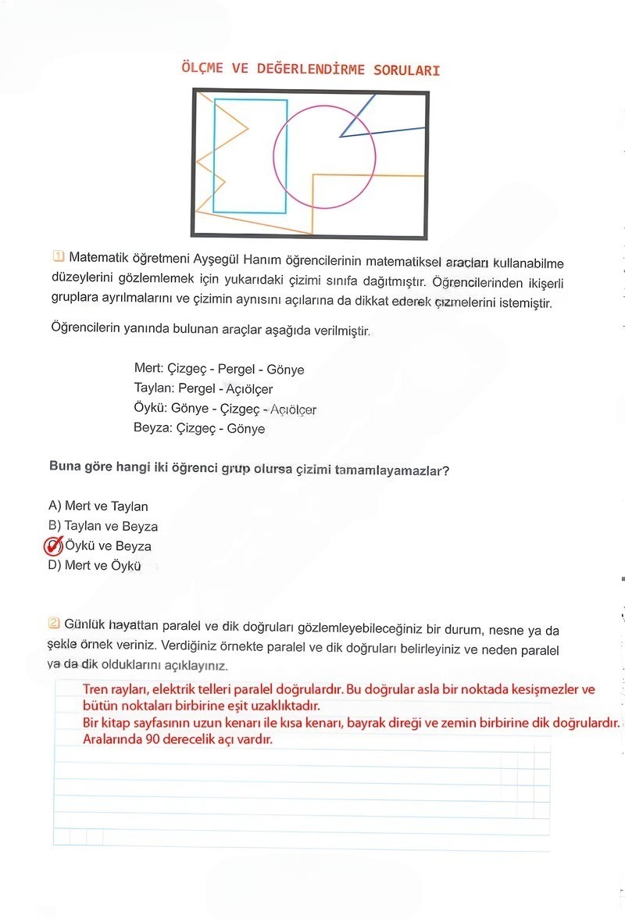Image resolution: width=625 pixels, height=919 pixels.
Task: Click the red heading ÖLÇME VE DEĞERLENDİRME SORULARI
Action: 310,70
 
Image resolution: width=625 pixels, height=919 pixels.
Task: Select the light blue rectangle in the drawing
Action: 214,156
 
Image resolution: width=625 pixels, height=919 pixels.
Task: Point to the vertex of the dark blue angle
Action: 341,137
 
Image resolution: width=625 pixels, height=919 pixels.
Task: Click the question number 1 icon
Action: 58,256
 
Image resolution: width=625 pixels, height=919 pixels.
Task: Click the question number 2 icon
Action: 54,624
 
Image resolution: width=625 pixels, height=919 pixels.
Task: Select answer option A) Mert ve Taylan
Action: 98,506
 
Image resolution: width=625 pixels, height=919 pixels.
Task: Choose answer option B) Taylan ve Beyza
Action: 103,526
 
